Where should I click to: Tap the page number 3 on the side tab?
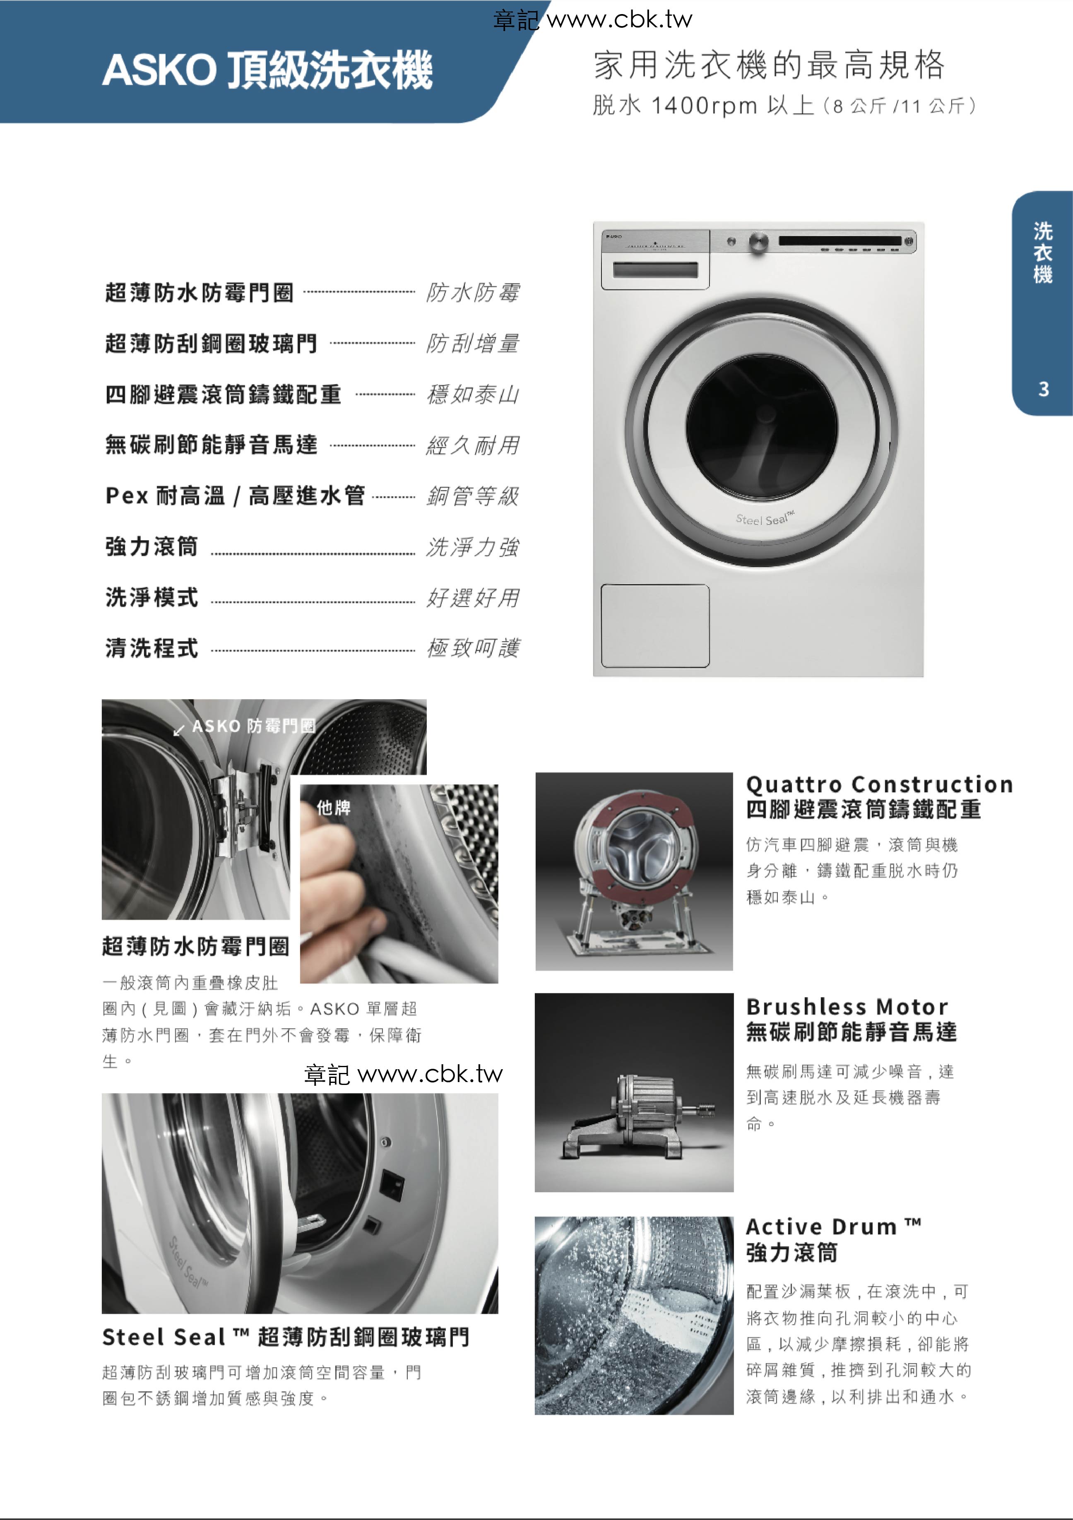1043,389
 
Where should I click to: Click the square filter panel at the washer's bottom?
654,625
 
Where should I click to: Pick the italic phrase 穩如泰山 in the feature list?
473,394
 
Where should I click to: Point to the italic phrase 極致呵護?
473,648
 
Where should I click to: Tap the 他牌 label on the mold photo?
334,808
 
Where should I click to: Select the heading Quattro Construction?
879,784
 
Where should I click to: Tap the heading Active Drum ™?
833,1227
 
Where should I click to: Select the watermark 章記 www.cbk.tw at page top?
592,20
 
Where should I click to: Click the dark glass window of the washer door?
761,424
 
